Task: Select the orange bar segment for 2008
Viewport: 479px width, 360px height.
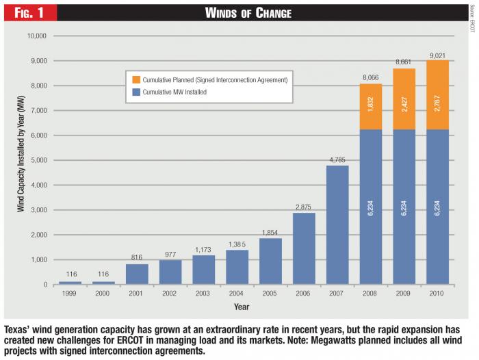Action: [x=372, y=107]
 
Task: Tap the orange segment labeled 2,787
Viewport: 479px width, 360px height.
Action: [x=438, y=95]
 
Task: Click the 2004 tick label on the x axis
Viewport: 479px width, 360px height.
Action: [x=237, y=294]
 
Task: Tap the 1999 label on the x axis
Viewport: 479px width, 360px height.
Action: [x=70, y=294]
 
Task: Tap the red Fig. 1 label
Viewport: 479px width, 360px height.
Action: [x=27, y=12]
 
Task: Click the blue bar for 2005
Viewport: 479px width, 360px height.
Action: [x=271, y=261]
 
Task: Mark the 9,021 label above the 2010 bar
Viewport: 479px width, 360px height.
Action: [x=438, y=53]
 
